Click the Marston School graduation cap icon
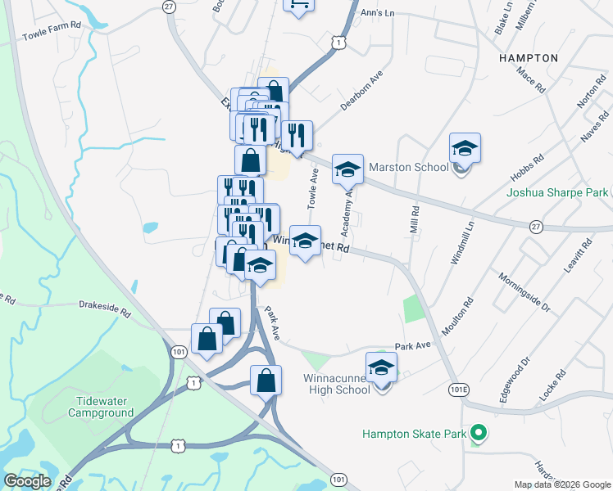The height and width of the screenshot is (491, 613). pyautogui.click(x=465, y=149)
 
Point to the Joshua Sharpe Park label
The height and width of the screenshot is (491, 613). pyautogui.click(x=557, y=193)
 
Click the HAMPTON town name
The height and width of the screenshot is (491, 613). pyautogui.click(x=527, y=59)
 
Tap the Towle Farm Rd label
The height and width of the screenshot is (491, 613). pyautogui.click(x=52, y=37)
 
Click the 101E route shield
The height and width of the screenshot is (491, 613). pyautogui.click(x=458, y=385)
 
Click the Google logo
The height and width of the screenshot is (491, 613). pyautogui.click(x=28, y=481)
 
